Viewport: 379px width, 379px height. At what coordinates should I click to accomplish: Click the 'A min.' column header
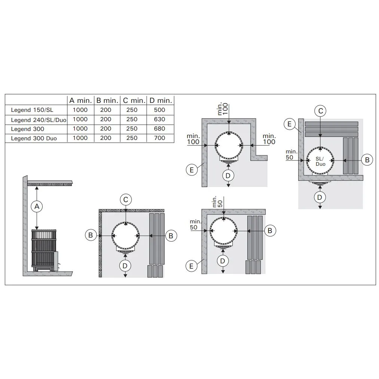point(80,101)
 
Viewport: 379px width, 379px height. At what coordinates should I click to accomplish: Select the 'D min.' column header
point(161,101)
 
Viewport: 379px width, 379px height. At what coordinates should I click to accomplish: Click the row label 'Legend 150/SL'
point(32,110)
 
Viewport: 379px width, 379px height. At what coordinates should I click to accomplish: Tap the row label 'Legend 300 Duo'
point(34,138)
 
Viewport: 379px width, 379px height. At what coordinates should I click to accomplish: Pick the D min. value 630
point(159,119)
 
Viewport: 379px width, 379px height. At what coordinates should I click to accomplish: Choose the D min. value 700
point(159,138)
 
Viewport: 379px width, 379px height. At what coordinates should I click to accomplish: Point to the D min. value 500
point(159,110)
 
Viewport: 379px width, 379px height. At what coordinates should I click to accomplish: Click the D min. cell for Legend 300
point(159,129)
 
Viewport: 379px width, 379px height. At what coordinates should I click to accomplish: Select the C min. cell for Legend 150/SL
point(132,110)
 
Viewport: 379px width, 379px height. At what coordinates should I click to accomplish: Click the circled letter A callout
point(37,207)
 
